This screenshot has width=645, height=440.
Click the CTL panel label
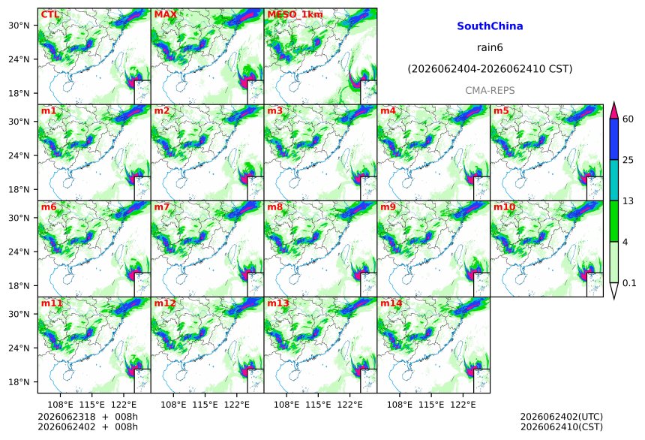[49, 14]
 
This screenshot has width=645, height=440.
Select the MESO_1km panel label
[295, 14]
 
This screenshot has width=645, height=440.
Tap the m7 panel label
[162, 206]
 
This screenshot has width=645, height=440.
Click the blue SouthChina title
[490, 26]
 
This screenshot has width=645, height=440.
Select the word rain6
[490, 47]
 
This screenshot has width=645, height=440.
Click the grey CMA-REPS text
[490, 90]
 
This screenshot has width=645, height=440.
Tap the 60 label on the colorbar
[628, 119]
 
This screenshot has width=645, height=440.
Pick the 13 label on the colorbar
[628, 201]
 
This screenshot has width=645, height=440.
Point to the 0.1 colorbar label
[629, 283]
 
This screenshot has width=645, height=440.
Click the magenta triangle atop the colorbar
[613, 110]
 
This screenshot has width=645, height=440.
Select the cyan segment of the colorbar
[613, 180]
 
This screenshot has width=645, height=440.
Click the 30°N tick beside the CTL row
[19, 26]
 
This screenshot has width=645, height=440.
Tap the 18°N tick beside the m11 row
[19, 382]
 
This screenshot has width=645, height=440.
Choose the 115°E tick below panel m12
[205, 405]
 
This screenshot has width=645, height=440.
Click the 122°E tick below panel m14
[463, 405]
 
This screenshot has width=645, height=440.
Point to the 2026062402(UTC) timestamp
[562, 417]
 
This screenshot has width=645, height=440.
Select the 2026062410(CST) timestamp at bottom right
[562, 426]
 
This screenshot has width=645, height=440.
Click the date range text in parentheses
[490, 69]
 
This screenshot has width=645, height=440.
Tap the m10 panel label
[504, 206]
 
